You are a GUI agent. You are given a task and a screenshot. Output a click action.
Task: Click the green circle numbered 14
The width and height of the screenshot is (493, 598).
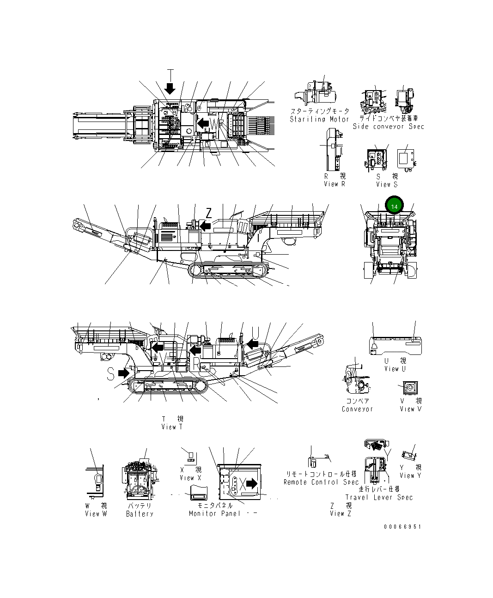pos(394,206)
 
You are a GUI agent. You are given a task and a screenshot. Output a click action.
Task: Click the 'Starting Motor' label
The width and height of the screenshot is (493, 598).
pos(319,119)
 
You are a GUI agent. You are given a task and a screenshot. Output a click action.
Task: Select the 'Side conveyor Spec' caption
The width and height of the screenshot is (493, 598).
pos(388,126)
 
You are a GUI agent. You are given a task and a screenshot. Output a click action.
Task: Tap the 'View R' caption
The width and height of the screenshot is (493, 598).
pos(334,184)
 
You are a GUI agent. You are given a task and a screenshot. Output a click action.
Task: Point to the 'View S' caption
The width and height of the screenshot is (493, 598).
pos(386,184)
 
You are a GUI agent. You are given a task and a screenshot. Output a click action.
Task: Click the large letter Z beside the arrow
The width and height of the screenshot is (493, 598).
pos(209,213)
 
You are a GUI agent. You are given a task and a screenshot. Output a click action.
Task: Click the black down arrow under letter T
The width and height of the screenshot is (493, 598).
pos(170,88)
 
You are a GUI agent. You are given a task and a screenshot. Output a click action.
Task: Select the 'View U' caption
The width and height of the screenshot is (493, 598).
pos(395,369)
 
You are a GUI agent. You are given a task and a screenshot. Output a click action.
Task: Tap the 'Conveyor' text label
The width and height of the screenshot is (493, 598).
pos(357,409)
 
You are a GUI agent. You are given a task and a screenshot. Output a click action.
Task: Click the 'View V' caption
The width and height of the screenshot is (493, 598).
pos(410,409)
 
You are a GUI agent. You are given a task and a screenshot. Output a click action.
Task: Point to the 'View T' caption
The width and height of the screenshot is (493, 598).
pos(172,427)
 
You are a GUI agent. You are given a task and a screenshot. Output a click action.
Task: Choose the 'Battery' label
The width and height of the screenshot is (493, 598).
pos(140,514)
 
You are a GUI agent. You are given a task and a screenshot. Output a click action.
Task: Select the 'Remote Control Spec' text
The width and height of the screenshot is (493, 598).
pos(321,482)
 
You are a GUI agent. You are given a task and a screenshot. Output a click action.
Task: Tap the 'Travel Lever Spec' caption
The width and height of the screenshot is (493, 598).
pos(379,497)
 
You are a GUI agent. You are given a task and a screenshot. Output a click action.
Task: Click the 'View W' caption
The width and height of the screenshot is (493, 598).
pos(96,514)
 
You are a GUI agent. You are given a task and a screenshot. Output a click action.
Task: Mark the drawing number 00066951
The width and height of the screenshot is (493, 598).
pos(402,526)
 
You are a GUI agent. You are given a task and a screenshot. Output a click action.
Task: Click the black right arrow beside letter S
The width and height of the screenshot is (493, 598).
pos(124,372)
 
